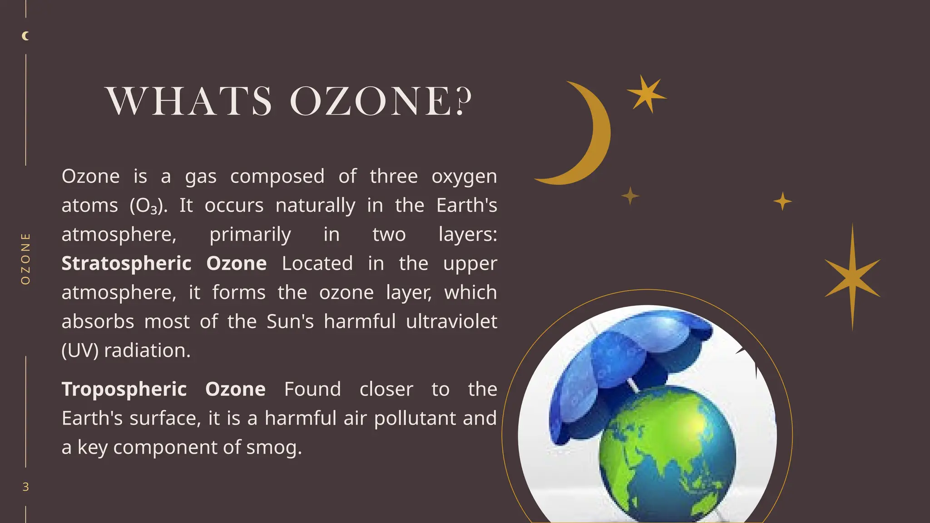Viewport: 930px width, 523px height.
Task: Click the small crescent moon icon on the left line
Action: [26, 36]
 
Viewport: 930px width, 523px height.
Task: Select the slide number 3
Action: [26, 487]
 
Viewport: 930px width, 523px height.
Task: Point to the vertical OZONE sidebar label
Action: [26, 259]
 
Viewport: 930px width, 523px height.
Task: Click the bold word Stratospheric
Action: [126, 264]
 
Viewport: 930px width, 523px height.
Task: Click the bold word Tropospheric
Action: [124, 390]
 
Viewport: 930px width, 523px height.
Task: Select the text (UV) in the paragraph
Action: [80, 350]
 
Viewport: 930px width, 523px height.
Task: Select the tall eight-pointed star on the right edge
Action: [852, 277]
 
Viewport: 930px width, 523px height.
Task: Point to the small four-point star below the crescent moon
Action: [630, 196]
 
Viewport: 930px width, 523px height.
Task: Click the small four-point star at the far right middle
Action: [782, 201]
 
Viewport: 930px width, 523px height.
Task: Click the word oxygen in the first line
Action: [464, 177]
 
